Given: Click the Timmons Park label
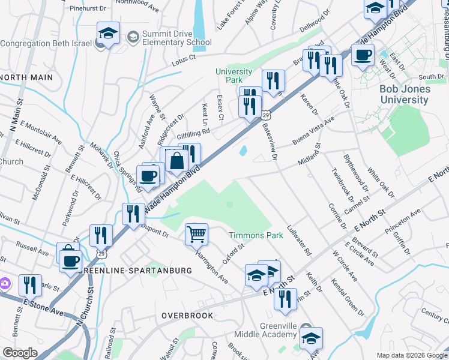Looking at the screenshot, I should [x=256, y=236].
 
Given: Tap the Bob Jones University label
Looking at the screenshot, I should [x=404, y=94].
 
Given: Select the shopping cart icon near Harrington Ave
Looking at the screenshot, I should [x=196, y=233].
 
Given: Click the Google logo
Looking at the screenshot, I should [x=20, y=353].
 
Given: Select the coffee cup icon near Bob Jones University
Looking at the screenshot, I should [x=363, y=55].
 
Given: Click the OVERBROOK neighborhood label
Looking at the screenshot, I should [x=187, y=314].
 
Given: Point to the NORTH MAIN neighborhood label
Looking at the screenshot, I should [x=26, y=77].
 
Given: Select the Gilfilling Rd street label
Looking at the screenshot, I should [x=193, y=131].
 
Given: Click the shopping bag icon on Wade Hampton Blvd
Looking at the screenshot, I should [x=177, y=161].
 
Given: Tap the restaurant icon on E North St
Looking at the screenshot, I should [x=285, y=298].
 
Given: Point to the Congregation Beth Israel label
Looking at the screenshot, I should [x=45, y=43].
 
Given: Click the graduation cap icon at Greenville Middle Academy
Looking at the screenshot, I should [x=312, y=338].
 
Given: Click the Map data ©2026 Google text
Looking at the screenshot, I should [x=411, y=355].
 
